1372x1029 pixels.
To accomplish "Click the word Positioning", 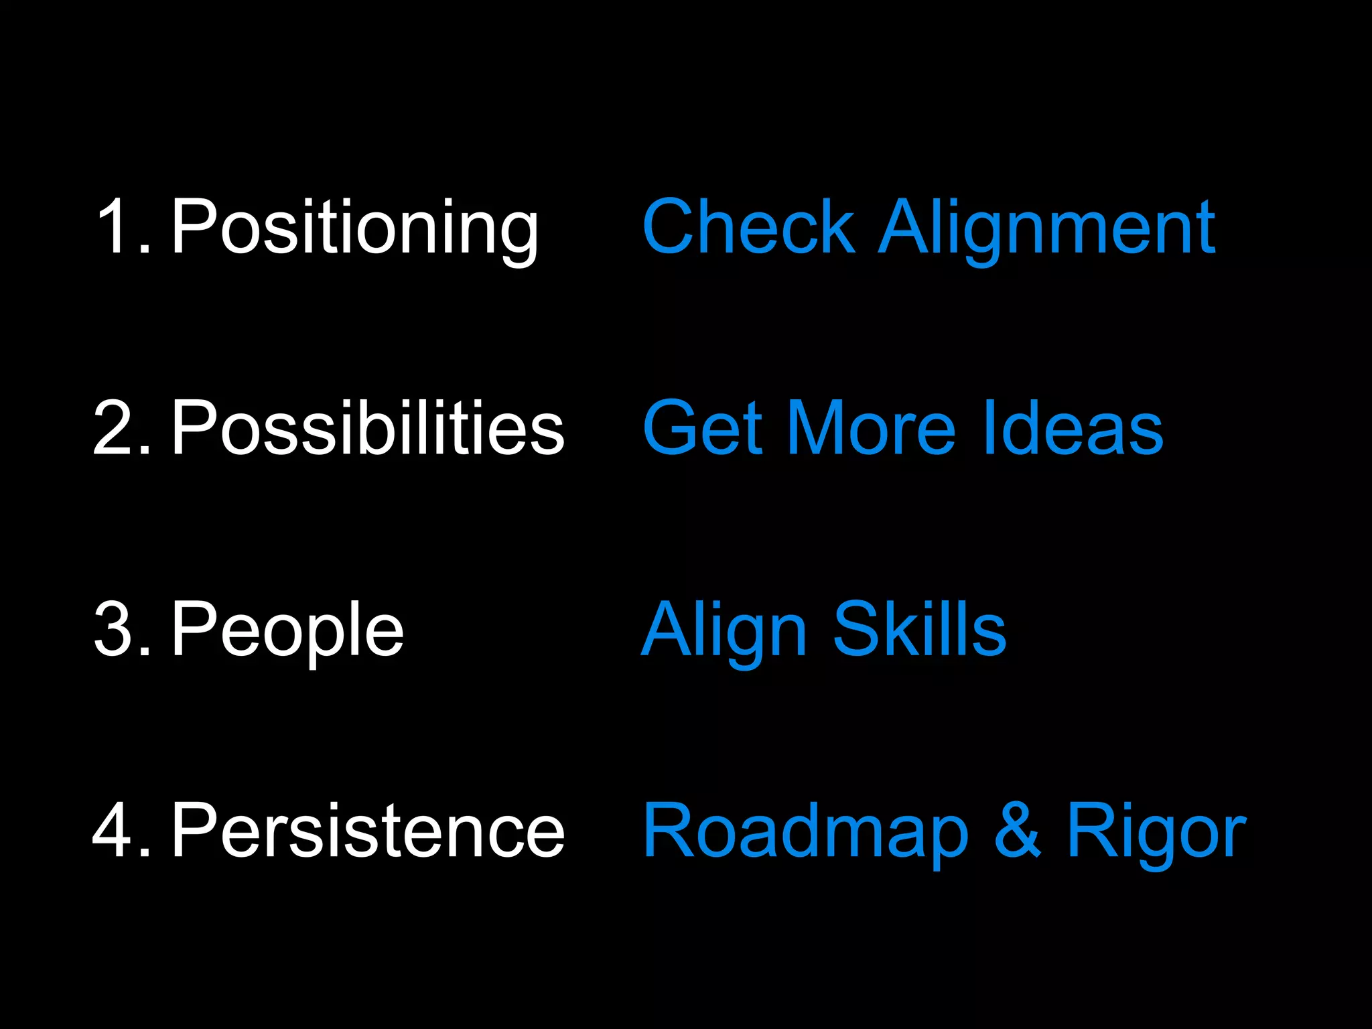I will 354,228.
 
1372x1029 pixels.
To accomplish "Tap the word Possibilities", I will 368,427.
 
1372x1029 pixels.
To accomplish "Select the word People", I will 287,630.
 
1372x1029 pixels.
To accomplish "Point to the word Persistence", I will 368,831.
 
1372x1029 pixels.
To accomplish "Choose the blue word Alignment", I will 1047,228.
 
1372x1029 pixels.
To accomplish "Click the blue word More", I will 871,427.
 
